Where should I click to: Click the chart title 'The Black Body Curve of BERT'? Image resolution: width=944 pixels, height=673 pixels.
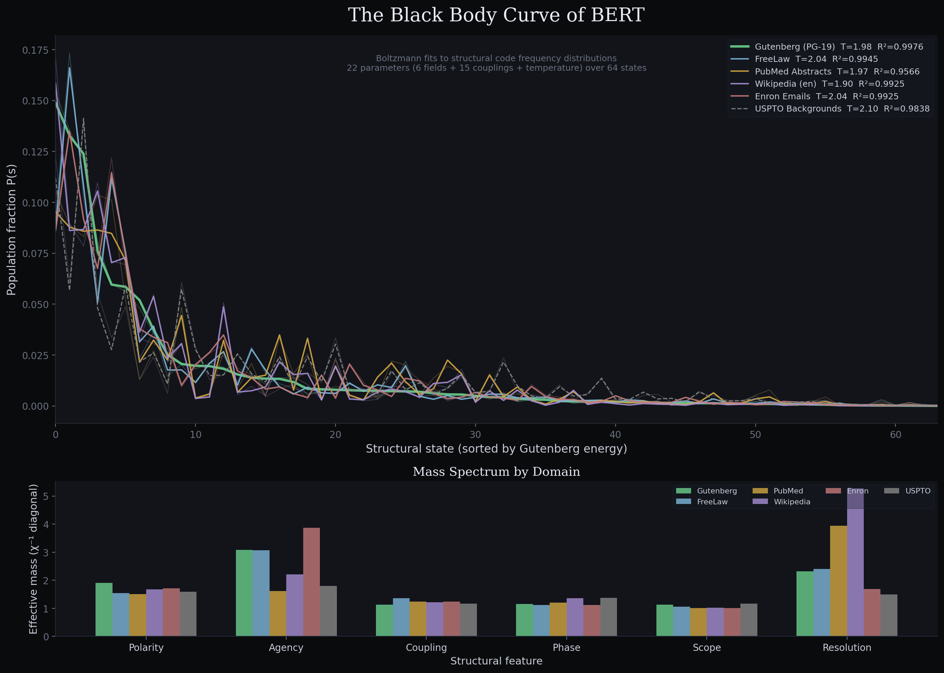[x=496, y=15]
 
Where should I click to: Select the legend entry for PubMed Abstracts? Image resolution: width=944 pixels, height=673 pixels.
[x=836, y=72]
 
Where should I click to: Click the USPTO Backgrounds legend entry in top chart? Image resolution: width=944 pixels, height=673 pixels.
[x=842, y=109]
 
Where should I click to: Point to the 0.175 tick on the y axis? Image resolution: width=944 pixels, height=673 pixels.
[x=35, y=50]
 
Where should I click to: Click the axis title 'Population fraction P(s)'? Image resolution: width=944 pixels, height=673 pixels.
[x=12, y=230]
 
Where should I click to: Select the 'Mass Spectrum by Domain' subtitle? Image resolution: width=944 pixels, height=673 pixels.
[x=496, y=472]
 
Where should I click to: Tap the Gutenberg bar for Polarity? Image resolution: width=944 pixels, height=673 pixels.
[x=104, y=609]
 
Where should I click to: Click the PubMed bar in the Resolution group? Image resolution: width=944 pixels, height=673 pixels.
[x=838, y=580]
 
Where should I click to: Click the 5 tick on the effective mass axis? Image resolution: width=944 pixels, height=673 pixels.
[x=46, y=497]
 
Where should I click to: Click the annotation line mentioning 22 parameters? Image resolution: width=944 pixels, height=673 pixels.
[x=496, y=68]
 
